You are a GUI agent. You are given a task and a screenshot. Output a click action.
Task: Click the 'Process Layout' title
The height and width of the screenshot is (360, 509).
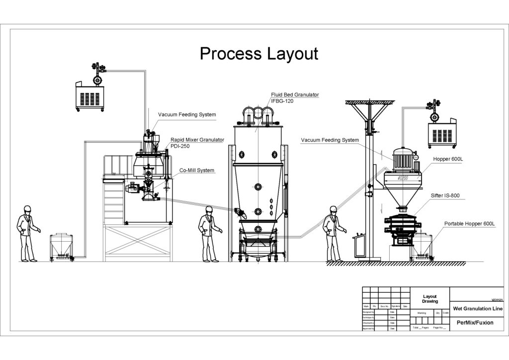[x=258, y=54]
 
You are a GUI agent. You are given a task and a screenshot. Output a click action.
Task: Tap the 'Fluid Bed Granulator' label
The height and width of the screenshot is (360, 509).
[x=295, y=94]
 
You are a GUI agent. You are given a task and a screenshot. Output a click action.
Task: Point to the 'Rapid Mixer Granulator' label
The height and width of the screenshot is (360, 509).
[x=197, y=140]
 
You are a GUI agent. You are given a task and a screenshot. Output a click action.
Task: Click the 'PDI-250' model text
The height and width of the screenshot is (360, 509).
[x=180, y=146]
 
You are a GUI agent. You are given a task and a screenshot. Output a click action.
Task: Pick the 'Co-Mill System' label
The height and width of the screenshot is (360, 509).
[x=197, y=171]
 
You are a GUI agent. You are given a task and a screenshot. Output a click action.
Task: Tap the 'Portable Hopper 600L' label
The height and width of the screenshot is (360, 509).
[x=469, y=224]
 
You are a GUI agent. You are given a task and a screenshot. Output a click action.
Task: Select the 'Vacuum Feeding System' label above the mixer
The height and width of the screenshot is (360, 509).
[x=187, y=115]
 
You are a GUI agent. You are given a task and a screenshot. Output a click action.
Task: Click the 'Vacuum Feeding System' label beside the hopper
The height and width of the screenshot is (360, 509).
[x=330, y=140]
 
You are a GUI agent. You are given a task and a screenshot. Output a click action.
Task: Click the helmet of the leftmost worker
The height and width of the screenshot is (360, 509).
[x=28, y=208]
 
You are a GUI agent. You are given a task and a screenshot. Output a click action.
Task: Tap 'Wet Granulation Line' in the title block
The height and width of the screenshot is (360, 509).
[x=477, y=309]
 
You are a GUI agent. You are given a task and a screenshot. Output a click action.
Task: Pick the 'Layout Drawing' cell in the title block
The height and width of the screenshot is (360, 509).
[x=429, y=298]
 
